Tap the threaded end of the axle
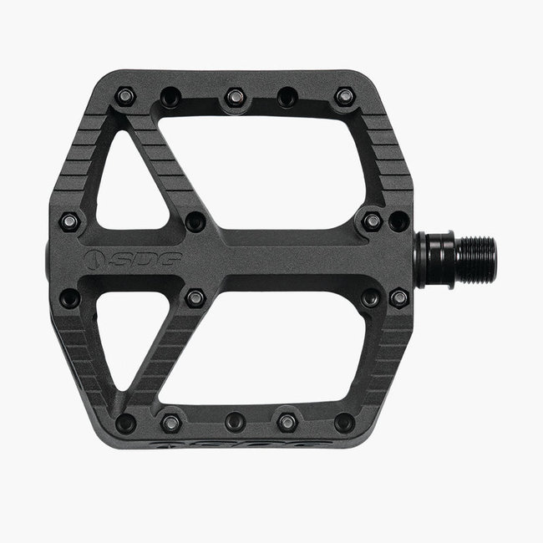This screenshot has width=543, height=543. [478, 260]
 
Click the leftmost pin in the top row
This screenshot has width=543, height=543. [125, 97]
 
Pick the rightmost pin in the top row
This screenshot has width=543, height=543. [344, 97]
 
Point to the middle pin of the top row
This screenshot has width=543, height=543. [235, 98]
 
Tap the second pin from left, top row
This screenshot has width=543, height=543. [171, 98]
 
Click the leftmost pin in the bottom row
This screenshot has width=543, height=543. [125, 422]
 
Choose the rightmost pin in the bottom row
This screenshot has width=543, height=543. [343, 422]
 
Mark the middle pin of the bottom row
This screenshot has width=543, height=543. [236, 422]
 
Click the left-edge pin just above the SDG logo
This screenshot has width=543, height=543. [70, 222]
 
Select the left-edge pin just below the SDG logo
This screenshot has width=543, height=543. [70, 297]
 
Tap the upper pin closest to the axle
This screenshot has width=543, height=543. [399, 221]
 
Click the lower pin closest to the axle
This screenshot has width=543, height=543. [399, 297]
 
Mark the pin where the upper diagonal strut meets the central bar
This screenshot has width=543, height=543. [195, 222]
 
